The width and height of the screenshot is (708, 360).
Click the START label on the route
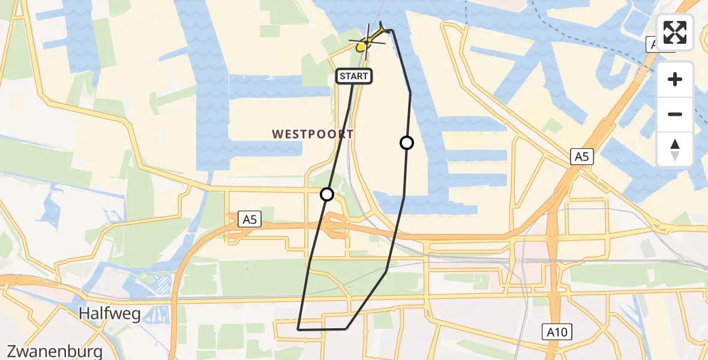coord(355,76)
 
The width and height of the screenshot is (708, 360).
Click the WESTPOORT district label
coord(313,134)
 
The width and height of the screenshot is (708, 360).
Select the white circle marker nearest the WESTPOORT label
coord(327,194)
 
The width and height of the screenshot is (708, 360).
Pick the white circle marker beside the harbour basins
coord(407,143)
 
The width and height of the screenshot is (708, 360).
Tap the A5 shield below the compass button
coord(581,157)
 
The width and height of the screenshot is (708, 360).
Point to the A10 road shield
coord(557,332)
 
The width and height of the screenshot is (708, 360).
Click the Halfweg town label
coord(104,313)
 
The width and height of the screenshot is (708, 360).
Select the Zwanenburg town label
coord(52,351)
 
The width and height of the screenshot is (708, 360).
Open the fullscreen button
coord(675,32)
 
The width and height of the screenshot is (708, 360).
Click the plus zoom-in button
coord(675,79)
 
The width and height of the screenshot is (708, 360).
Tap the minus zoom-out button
coord(675,114)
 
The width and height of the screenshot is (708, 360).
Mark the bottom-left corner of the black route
coord(298,329)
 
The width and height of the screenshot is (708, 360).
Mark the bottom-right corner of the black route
coord(346,329)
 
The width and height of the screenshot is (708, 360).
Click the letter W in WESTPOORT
coord(277,134)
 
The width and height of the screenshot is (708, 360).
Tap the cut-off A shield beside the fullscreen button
coord(651,44)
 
